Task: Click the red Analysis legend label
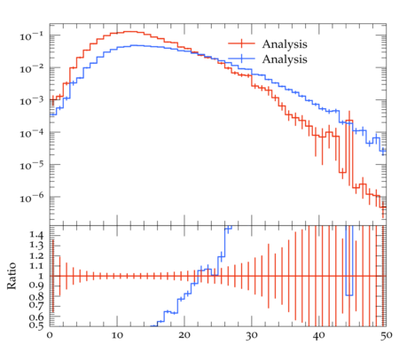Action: (285, 44)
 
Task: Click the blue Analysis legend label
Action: (285, 59)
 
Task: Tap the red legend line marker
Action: (241, 43)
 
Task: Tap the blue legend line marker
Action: (241, 59)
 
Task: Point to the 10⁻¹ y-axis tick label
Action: (31, 36)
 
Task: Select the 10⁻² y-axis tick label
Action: (31, 68)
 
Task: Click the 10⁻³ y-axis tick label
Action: (31, 101)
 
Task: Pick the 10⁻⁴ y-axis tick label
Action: (31, 133)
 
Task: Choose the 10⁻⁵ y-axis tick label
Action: (31, 165)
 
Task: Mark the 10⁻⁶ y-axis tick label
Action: (31, 198)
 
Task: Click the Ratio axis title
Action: (12, 276)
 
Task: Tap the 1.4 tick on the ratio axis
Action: (36, 236)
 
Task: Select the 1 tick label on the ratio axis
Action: (41, 277)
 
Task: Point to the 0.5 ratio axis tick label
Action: (36, 325)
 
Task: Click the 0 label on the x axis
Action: (50, 335)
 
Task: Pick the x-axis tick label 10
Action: (117, 335)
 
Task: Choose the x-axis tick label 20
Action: (184, 335)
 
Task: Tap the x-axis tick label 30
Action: (252, 335)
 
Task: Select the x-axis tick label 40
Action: (319, 335)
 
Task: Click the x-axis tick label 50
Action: (386, 335)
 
